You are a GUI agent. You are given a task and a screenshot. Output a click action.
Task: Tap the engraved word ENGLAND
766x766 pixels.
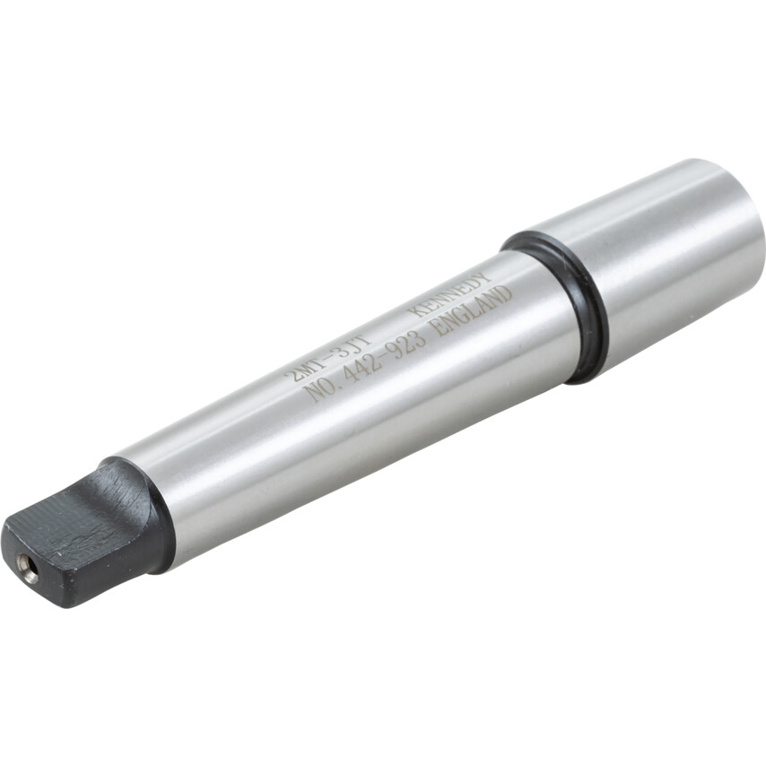(473, 310)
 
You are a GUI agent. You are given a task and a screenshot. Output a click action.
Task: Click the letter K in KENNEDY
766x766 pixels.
(419, 310)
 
